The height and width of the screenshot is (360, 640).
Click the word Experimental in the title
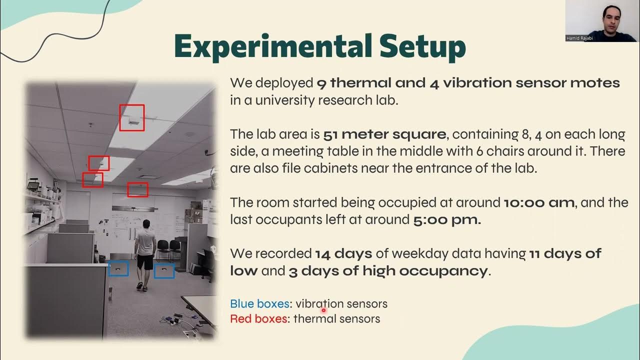272,46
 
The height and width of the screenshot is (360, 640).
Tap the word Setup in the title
422,46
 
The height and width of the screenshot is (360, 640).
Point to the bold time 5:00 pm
447,219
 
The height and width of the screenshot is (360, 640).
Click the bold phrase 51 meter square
384,134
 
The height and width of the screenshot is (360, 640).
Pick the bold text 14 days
343,254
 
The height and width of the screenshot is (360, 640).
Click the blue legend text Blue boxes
259,303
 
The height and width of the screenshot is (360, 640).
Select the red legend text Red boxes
259,318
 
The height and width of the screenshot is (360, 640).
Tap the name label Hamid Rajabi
579,38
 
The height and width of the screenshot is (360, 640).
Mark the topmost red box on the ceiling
132,117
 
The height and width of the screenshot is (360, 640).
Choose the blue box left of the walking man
118,268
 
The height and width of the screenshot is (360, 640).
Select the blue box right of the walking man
164,270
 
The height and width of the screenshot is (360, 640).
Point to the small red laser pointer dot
323,310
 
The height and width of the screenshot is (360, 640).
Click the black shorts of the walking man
145,260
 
